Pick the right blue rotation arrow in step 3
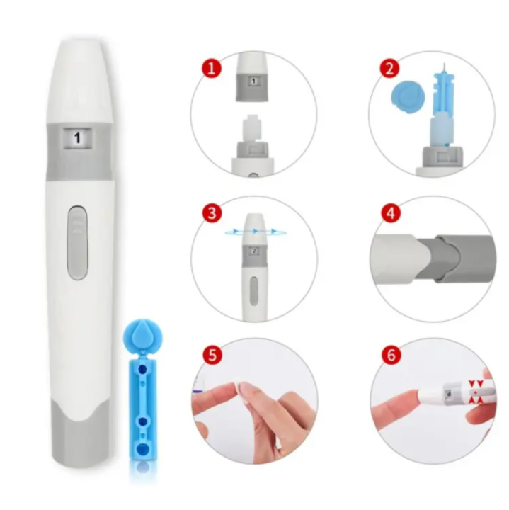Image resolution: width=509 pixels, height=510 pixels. [x=275, y=232]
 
